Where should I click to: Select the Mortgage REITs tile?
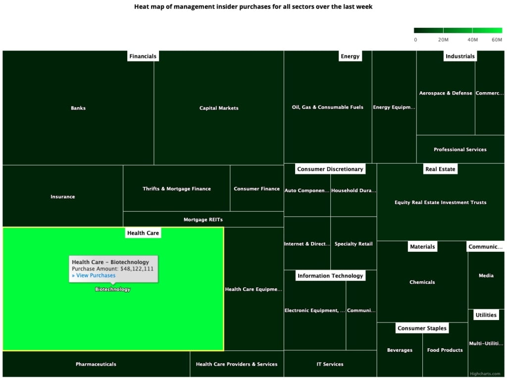click(203, 219)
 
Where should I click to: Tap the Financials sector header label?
click(143, 56)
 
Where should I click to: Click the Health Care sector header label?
click(143, 233)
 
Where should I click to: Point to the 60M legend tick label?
click(497, 40)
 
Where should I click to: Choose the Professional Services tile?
click(460, 150)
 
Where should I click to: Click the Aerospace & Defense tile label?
click(446, 93)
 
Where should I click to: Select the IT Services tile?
click(330, 364)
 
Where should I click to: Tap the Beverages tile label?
click(400, 350)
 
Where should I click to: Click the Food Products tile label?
click(445, 350)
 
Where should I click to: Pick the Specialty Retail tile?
click(354, 244)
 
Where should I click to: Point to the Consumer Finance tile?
click(256, 189)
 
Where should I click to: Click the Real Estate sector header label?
click(440, 169)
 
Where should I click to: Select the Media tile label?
click(486, 276)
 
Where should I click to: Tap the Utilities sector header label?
click(486, 315)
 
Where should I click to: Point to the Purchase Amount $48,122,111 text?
click(112, 269)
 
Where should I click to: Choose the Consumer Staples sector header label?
click(422, 328)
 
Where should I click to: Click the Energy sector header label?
click(350, 56)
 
